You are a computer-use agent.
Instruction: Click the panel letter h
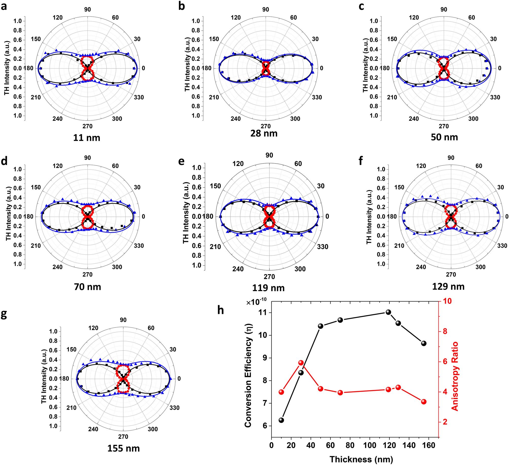point(220,310)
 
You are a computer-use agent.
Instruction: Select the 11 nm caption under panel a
point(87,138)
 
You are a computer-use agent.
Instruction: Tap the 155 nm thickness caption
point(123,448)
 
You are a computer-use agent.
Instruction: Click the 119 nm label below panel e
point(268,288)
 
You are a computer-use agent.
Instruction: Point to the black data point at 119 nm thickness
point(388,312)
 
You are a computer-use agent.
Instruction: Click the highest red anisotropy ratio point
point(301,362)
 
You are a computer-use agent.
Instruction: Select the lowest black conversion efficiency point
point(281,420)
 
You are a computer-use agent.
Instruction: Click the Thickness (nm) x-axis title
point(361,459)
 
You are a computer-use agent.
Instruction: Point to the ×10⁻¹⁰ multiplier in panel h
point(256,302)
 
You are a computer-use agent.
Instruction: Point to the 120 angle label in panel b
point(236,18)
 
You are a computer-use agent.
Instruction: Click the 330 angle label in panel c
point(495,97)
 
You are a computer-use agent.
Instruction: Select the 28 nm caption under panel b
point(264,133)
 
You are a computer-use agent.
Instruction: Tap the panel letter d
point(4,161)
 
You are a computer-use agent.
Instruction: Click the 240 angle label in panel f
point(421,267)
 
